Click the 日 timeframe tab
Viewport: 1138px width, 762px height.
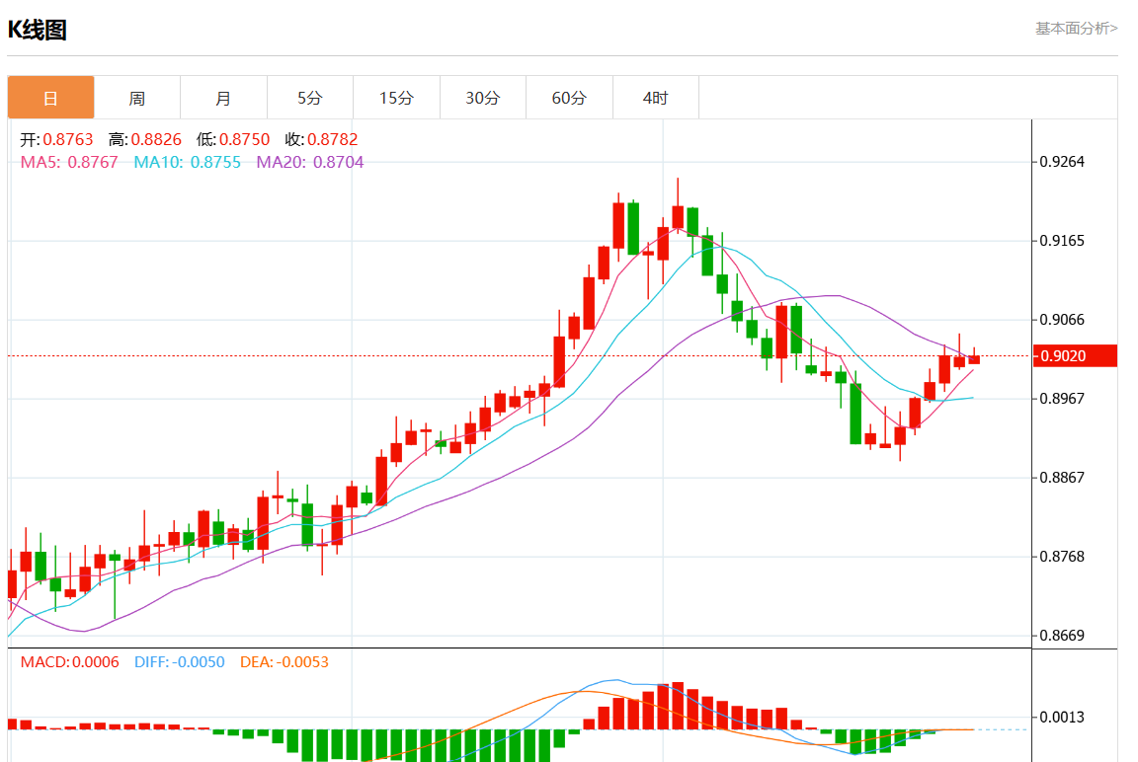50,98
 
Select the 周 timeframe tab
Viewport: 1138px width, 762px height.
137,98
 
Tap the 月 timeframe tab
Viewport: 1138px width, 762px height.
223,98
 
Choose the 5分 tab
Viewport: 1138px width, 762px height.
310,98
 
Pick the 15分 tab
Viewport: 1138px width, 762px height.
396,98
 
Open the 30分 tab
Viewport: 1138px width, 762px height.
483,98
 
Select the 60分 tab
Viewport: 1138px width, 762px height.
569,98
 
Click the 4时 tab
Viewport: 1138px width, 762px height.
655,98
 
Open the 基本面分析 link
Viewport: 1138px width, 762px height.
1076,29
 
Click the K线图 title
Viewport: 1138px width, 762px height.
38,30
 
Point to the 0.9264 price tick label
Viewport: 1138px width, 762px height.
1064,162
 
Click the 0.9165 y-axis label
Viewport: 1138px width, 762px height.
1064,241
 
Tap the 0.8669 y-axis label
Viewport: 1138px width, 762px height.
1064,636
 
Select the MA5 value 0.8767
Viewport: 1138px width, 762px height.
93,162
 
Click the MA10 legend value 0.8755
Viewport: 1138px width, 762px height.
215,162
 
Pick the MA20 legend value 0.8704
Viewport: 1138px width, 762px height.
338,162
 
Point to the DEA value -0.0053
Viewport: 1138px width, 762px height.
302,662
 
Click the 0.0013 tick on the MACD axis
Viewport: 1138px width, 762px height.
1064,718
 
